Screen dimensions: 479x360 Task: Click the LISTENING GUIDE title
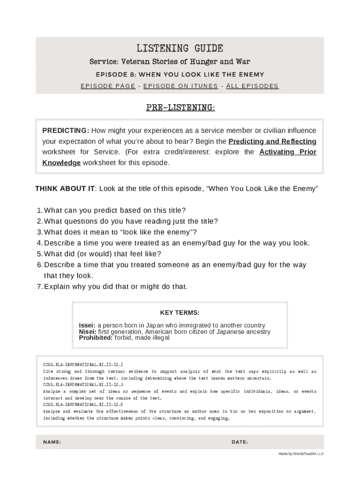[x=180, y=48]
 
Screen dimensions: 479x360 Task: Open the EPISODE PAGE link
[x=108, y=86]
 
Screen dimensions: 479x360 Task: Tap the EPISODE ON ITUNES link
[x=180, y=86]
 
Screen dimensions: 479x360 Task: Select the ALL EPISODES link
[x=252, y=86]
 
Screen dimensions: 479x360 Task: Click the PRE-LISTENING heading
[x=180, y=108]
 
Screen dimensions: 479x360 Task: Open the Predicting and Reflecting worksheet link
[x=272, y=141]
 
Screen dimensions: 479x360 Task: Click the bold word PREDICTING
[x=65, y=131]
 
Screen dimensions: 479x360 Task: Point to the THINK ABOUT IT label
[x=65, y=189]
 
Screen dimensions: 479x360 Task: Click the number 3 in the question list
[x=40, y=232]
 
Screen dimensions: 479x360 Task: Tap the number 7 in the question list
[x=40, y=286]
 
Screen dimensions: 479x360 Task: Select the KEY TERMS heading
[x=180, y=312]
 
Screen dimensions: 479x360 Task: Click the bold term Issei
[x=87, y=325]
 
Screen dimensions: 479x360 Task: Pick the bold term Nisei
[x=87, y=332]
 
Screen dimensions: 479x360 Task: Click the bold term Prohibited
[x=95, y=338]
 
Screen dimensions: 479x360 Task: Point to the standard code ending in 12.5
[x=83, y=404]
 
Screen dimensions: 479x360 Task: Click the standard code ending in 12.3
[x=83, y=385]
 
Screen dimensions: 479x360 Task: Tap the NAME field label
[x=52, y=442]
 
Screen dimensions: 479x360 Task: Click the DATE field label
[x=239, y=442]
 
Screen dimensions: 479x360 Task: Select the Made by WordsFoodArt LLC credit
[x=301, y=454]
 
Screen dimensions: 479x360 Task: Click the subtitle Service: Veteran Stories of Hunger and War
[x=170, y=62]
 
